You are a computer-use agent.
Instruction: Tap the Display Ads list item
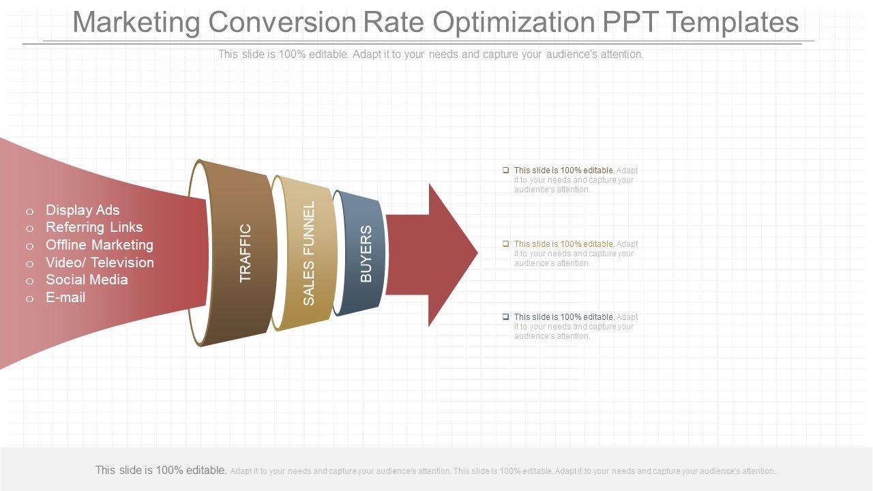tap(83, 210)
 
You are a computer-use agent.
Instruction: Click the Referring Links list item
tap(94, 227)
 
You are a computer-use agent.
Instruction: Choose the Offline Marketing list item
tap(100, 245)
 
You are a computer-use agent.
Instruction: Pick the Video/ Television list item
tap(100, 263)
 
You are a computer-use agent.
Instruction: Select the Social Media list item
tap(87, 280)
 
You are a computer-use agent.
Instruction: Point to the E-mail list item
tap(65, 297)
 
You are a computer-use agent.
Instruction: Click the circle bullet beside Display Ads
tap(29, 211)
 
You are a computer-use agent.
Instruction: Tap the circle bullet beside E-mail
tap(29, 299)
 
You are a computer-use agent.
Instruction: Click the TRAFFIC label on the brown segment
tap(246, 253)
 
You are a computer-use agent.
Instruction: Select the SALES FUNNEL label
tap(309, 253)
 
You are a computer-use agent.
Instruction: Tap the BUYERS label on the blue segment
tap(366, 254)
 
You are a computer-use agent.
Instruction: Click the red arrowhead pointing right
tap(450, 254)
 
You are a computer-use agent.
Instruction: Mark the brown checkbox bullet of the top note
tap(505, 170)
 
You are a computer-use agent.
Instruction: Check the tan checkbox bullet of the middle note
tap(505, 243)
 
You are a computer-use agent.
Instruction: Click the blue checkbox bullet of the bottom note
tap(505, 316)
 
